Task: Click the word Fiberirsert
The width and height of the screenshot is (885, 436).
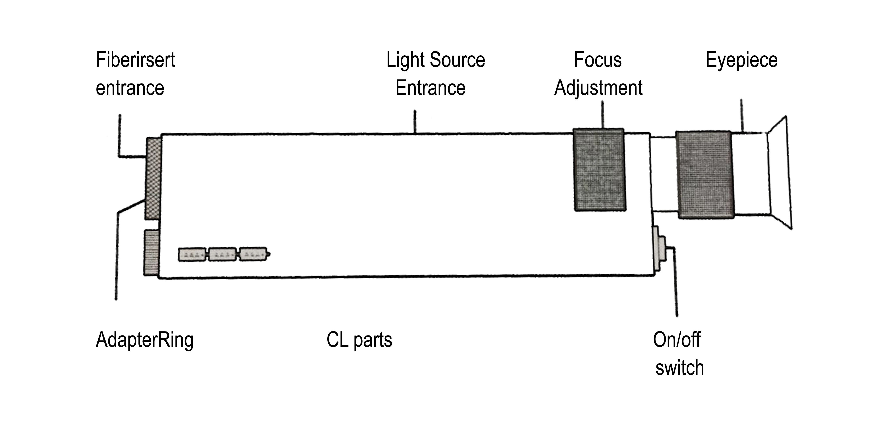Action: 135,60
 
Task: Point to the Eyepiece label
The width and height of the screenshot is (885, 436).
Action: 741,60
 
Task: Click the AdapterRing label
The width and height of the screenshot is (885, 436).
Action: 145,340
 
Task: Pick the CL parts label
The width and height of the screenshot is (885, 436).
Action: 359,340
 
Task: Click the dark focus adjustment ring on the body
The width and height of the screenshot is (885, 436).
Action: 600,170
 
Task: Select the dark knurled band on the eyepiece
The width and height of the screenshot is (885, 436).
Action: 705,174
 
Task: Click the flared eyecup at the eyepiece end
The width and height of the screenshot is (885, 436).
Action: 780,174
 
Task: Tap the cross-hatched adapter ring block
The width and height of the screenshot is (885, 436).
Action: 153,178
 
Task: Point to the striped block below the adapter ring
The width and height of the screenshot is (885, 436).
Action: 151,252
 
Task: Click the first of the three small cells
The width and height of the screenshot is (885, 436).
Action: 192,255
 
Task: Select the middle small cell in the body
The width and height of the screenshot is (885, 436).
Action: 223,255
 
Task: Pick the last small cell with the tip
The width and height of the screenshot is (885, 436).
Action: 253,254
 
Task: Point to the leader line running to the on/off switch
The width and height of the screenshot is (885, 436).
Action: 676,282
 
